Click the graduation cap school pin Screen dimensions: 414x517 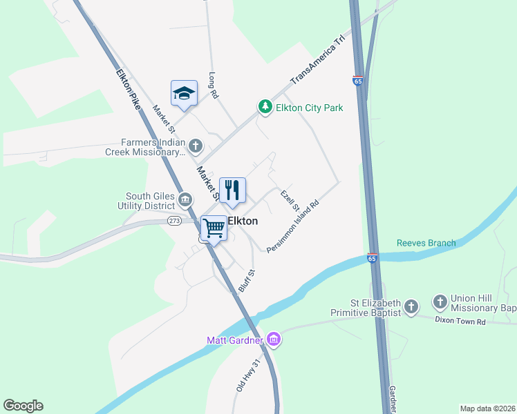[185, 94]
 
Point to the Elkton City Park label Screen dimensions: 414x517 [310, 108]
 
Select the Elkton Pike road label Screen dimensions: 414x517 [129, 88]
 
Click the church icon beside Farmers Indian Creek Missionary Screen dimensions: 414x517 [196, 146]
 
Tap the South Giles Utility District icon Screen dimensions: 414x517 [185, 200]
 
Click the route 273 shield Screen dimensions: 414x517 [174, 221]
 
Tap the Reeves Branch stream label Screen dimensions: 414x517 [426, 243]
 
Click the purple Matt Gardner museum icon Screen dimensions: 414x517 [273, 339]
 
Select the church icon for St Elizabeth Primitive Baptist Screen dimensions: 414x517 [411, 306]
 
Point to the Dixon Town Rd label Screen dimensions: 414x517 [461, 320]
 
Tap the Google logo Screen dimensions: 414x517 [23, 406]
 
